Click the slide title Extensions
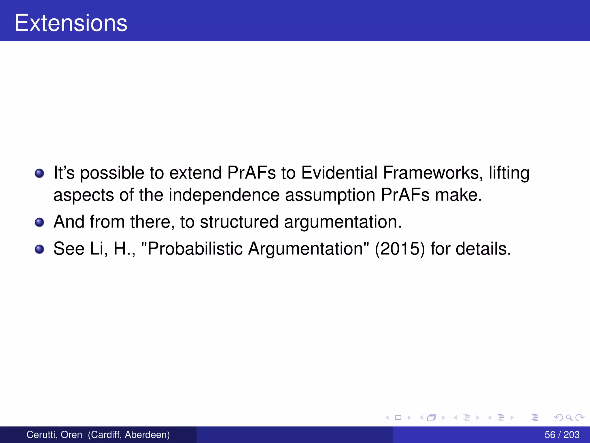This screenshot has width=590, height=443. pos(71,23)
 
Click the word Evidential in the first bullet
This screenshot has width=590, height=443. pos(339,173)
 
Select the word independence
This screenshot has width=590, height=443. pos(224,195)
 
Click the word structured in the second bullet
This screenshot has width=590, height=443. pos(239,222)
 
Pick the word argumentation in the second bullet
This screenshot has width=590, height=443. pos(343,222)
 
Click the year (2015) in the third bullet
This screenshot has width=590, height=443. pos(400,249)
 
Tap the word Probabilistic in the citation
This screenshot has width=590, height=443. pos(195,249)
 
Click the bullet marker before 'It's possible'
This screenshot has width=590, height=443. pos(39,173)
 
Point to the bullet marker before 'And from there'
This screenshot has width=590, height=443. pos(39,222)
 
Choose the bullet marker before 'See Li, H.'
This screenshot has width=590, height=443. pos(39,249)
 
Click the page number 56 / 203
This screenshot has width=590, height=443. pos(562,435)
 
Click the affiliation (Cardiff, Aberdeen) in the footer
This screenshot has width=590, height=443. pos(129,435)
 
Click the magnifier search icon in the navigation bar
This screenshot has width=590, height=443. pos(569,417)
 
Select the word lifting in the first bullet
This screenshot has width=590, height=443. pos(509,173)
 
